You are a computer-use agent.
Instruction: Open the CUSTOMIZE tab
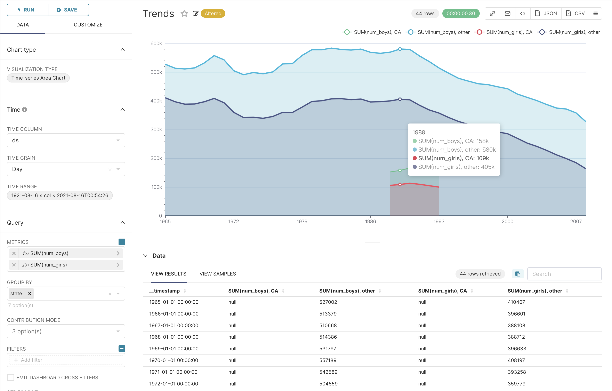coord(88,25)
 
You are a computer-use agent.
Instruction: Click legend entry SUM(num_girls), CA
coord(504,32)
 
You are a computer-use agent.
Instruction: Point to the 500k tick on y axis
coord(156,72)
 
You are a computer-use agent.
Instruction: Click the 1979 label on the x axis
coord(302,221)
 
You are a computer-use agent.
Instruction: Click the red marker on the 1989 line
coord(400,184)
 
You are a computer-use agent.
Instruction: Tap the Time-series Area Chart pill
coord(38,78)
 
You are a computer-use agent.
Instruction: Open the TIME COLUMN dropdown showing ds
coord(66,140)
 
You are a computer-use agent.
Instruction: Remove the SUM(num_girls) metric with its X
coord(14,265)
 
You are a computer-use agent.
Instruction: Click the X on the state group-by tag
coord(30,293)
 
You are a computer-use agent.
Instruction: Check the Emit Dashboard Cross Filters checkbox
coord(11,377)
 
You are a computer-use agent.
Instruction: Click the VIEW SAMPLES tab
coord(218,274)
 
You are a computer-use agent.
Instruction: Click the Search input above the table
coord(564,274)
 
